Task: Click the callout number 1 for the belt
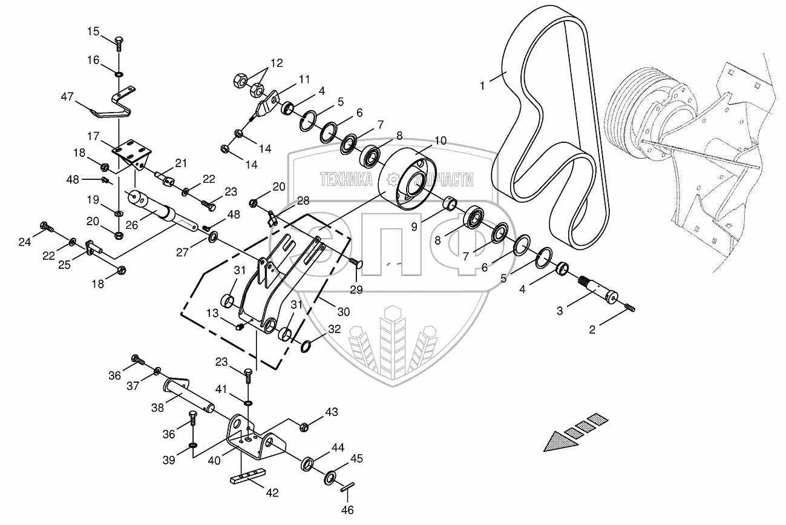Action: click(x=482, y=86)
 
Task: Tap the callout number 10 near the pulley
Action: click(x=440, y=140)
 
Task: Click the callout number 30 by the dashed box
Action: click(x=343, y=312)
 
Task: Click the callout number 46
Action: click(x=347, y=510)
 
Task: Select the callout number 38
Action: click(x=157, y=408)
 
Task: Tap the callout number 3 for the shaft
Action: click(x=560, y=311)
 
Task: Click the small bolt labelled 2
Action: click(x=629, y=308)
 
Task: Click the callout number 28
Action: click(x=303, y=200)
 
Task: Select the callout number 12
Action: click(x=276, y=63)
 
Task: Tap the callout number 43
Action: click(x=331, y=412)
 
